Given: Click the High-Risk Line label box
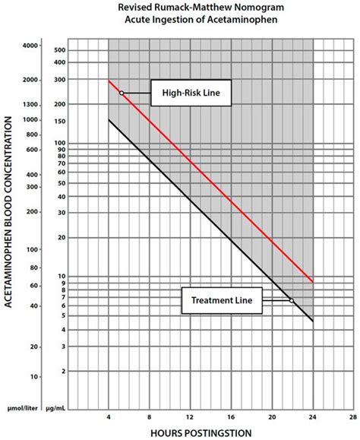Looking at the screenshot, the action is tap(191, 93).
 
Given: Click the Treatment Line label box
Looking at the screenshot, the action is tap(222, 300).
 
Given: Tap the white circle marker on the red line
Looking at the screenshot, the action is tap(122, 93).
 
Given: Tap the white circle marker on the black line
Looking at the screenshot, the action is tap(292, 300).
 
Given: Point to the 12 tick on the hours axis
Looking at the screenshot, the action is tap(190, 417).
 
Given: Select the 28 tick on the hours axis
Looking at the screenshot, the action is tap(354, 417).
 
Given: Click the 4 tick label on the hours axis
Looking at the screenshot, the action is tap(109, 417).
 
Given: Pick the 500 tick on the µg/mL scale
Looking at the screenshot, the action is tap(60, 50).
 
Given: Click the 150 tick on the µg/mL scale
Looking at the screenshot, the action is tap(60, 122).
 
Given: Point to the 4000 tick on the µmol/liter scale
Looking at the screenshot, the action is tap(30, 46).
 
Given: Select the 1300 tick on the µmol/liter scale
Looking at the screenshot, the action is tap(30, 105).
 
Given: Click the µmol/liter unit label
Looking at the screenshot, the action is tap(23, 408).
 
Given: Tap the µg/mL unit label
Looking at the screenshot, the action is tap(55, 408).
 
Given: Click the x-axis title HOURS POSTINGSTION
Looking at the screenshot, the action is tap(201, 433).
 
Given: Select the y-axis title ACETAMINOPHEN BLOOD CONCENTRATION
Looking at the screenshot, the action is tap(8, 212).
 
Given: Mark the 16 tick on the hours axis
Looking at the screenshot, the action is tap(231, 417).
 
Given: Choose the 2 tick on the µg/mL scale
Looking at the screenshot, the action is tap(63, 372).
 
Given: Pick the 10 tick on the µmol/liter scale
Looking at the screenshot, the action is tap(34, 377).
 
